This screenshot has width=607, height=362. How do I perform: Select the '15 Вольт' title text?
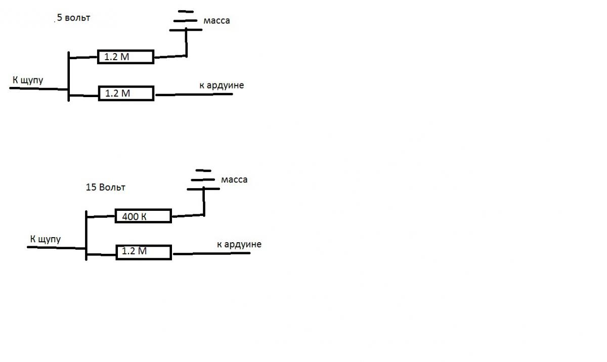point(106,187)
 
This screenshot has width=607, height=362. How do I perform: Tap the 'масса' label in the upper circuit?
point(216,21)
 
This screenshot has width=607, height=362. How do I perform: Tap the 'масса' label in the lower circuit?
point(234,179)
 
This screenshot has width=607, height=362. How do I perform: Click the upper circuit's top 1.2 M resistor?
point(125,57)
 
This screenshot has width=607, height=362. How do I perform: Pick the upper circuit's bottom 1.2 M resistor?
point(126,94)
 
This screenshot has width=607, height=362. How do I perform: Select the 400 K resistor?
point(143,216)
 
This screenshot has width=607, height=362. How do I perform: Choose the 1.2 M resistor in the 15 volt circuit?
point(144,252)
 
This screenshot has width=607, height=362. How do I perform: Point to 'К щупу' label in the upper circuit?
point(28,80)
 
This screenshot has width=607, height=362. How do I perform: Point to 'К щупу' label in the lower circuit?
point(46,239)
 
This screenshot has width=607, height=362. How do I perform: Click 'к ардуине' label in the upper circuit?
point(222,85)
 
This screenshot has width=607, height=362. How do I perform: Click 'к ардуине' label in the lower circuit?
point(239,245)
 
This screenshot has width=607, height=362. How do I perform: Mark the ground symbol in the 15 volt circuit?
point(203,180)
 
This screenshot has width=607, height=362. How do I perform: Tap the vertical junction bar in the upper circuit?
point(68,76)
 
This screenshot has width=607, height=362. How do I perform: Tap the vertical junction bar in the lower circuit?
point(86,235)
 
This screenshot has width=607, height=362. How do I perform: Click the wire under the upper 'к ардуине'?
point(194,95)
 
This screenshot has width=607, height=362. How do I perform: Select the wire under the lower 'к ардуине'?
point(211,253)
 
